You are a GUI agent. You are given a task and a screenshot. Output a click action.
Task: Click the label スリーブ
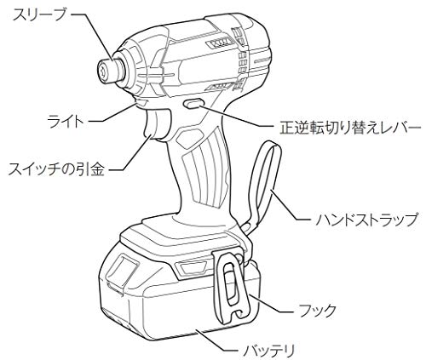click(39, 14)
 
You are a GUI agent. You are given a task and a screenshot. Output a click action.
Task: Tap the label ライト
click(66, 122)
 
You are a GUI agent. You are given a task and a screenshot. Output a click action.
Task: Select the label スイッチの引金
click(56, 169)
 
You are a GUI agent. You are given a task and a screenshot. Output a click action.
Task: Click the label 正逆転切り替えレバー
click(350, 128)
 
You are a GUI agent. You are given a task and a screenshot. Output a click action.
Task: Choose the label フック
click(318, 311)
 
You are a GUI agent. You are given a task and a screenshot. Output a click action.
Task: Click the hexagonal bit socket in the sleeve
click(103, 71)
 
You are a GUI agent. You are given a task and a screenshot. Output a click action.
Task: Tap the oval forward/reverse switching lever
click(193, 104)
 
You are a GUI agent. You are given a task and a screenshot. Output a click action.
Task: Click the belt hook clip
click(231, 287)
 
